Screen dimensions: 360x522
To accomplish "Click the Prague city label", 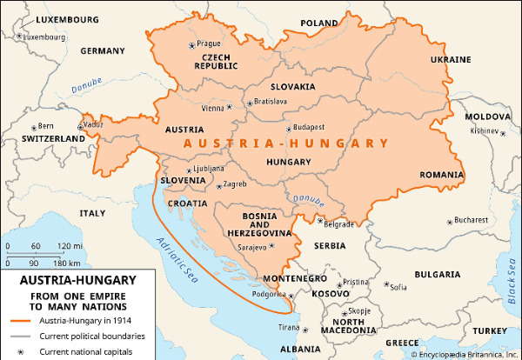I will point(210,43).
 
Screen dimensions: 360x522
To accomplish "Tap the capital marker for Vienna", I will point(231,108).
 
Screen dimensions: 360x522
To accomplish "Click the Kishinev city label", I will point(485,131).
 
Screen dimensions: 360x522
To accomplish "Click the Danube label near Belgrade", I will point(305,199).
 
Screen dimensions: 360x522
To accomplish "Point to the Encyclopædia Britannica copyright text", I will point(460,354).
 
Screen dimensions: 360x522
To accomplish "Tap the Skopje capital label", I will point(359,310).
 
